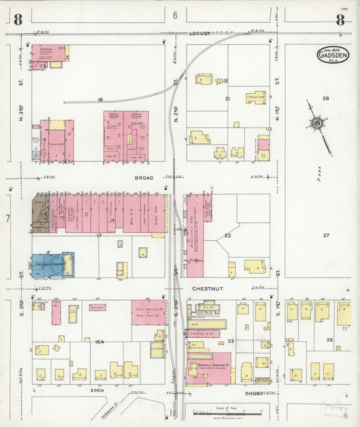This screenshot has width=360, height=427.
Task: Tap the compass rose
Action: tap(316, 124)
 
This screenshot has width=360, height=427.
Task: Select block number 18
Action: tap(100, 99)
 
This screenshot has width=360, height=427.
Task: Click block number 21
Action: tap(228, 99)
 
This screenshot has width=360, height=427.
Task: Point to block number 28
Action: tap(325, 99)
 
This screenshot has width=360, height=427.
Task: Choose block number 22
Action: tap(228, 235)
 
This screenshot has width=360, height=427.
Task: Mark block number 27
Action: tap(325, 235)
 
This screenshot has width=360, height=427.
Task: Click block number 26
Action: tap(330, 339)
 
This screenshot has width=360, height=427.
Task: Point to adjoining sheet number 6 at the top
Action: tap(174, 15)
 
